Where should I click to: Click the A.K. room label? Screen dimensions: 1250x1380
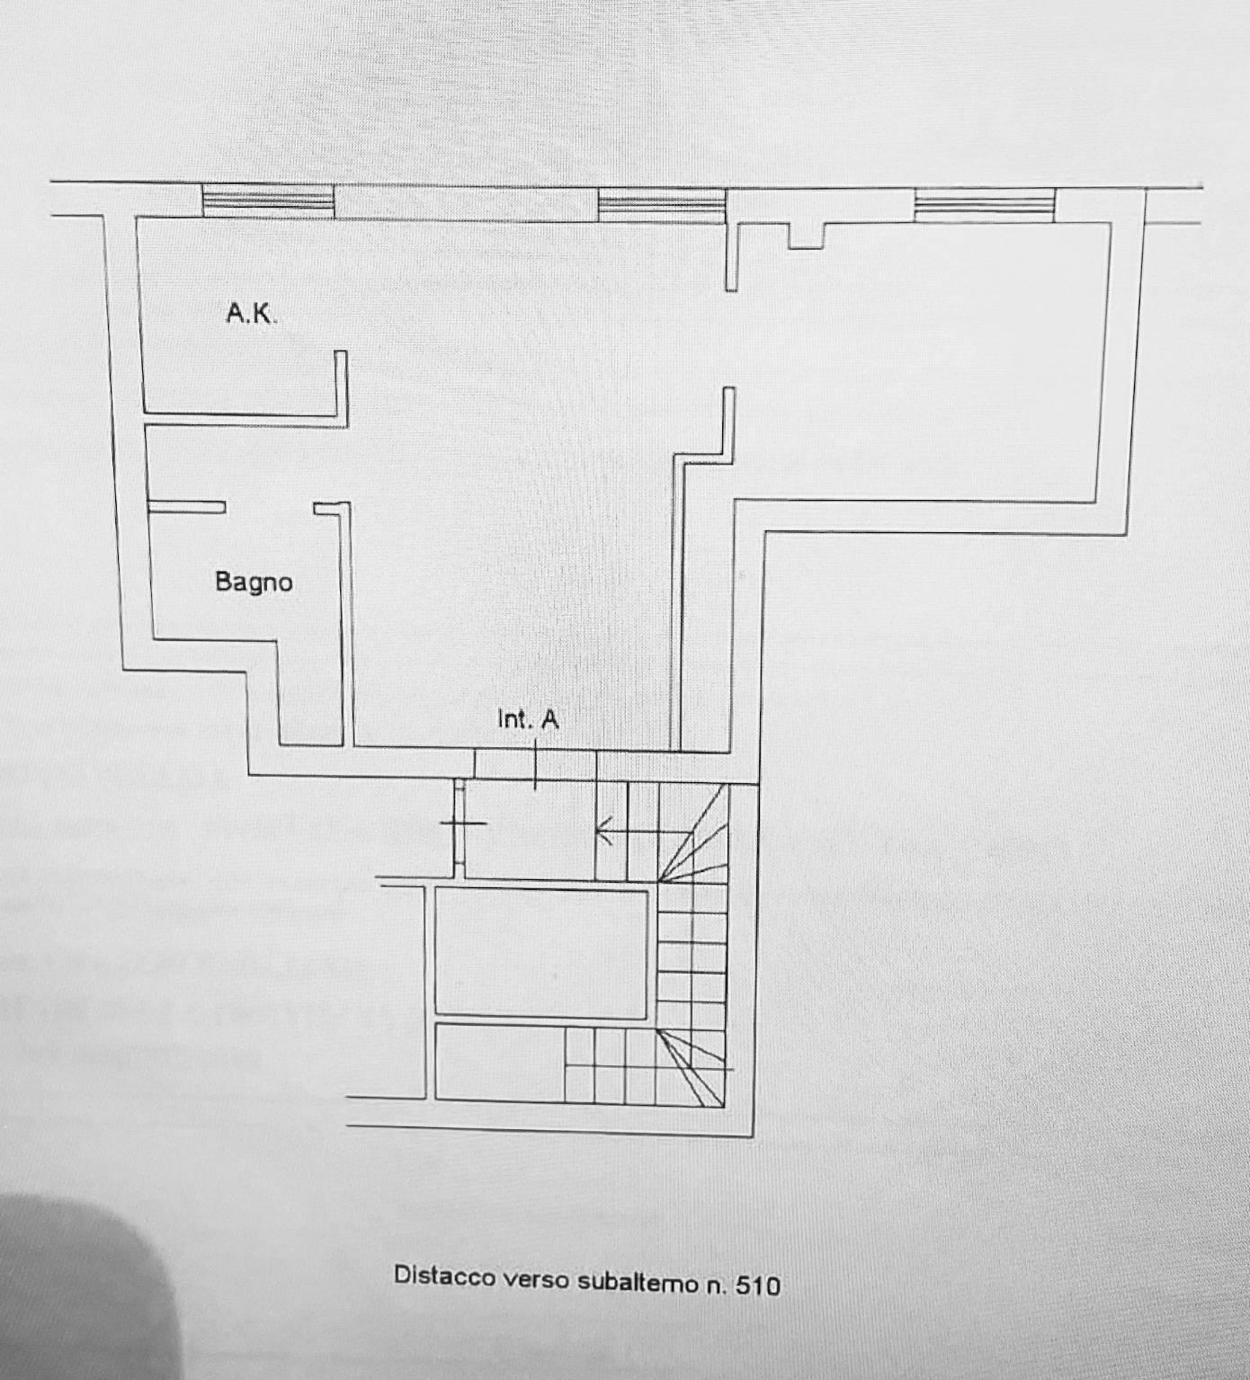tap(251, 314)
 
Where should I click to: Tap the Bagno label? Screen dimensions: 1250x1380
tap(254, 582)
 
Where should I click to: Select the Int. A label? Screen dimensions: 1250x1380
tap(528, 719)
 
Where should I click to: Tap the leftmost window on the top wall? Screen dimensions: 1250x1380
tap(268, 200)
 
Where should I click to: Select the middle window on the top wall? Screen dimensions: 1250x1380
tap(662, 205)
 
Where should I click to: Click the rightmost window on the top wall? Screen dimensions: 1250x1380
tap(985, 205)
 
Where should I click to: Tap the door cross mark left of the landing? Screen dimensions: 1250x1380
tap(462, 823)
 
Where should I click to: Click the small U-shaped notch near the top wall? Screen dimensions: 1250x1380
tap(807, 236)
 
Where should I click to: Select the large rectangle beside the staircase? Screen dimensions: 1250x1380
tap(541, 953)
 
